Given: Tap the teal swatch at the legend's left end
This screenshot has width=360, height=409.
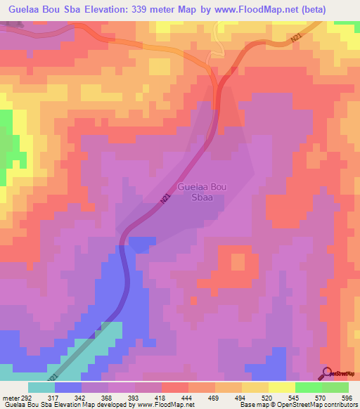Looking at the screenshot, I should [41, 387].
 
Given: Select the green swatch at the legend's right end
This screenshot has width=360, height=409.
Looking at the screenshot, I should [335, 387].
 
